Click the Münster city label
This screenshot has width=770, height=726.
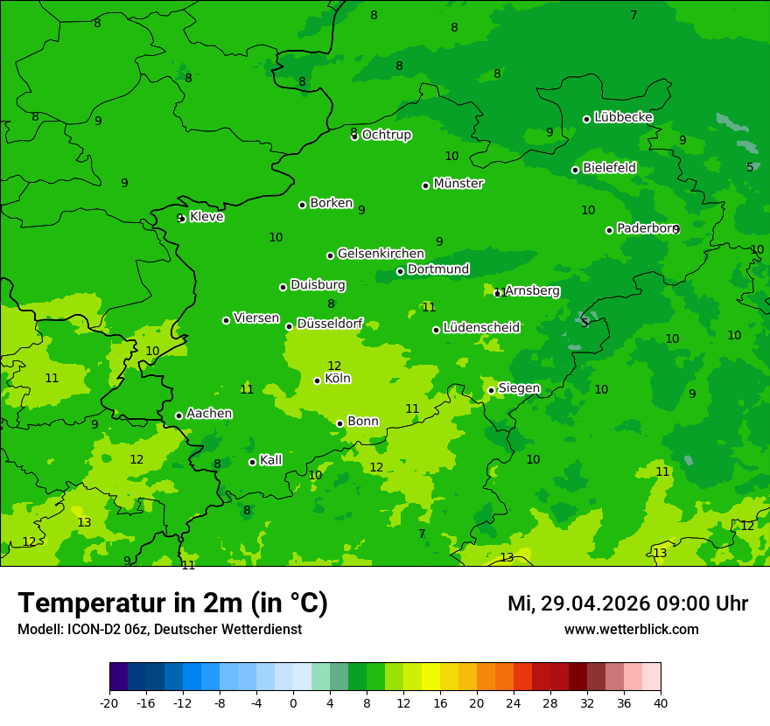(458, 184)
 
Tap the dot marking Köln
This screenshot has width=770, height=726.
(317, 380)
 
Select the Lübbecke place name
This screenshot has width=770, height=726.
(623, 117)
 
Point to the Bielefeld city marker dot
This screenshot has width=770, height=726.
(575, 170)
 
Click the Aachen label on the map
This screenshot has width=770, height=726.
(209, 414)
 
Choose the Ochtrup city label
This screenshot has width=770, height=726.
(386, 135)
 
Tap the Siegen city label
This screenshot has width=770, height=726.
(519, 388)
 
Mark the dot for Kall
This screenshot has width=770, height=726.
(252, 462)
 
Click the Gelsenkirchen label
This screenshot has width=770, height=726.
(381, 254)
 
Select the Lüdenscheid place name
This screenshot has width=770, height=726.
(481, 328)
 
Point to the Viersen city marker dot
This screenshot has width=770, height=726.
(226, 320)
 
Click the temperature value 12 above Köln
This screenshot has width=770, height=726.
(334, 366)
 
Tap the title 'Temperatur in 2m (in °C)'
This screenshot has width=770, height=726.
(172, 604)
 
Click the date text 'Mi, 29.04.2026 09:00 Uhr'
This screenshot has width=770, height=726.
(627, 604)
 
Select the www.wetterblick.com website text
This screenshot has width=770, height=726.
(631, 630)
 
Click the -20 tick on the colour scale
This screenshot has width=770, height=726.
(109, 702)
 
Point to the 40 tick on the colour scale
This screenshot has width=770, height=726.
(661, 702)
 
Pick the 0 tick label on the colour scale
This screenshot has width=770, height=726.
(293, 702)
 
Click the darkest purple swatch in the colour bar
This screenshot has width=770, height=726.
(118, 677)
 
